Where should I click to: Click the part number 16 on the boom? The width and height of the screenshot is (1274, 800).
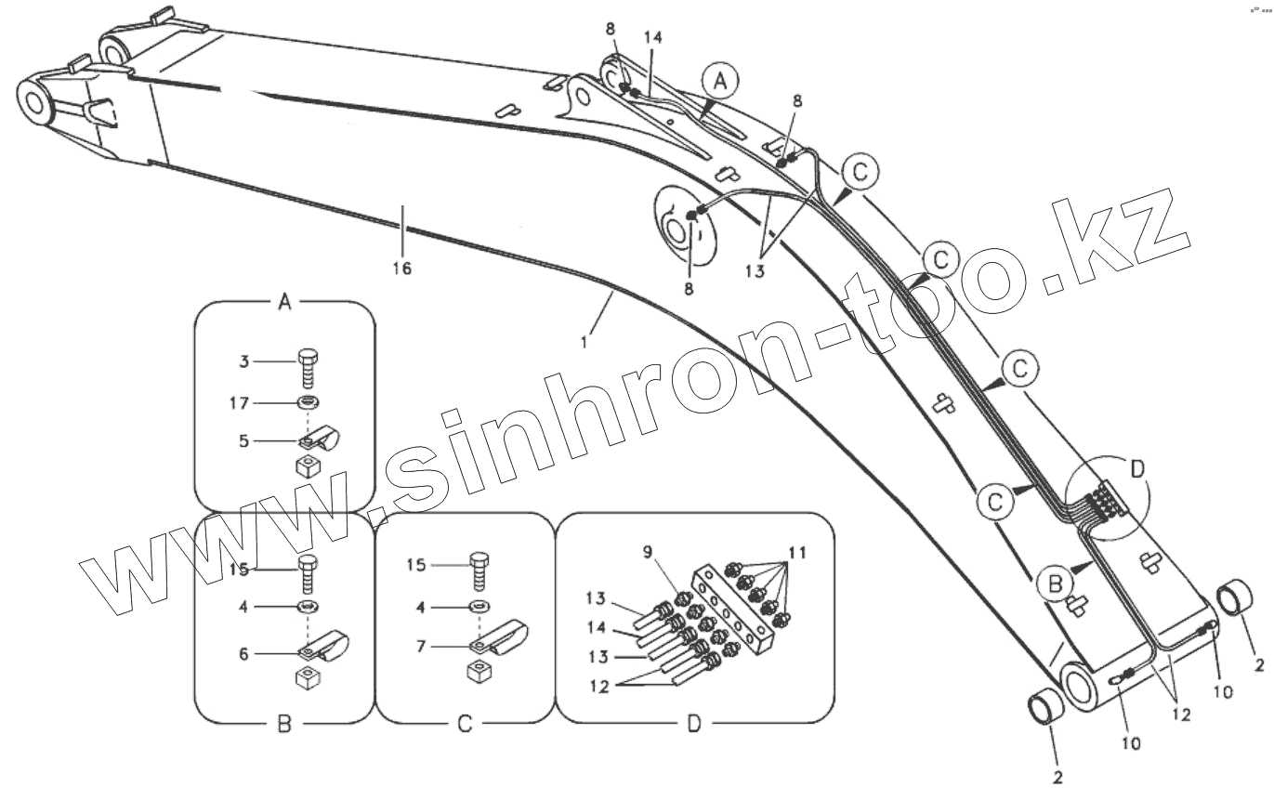(x=401, y=269)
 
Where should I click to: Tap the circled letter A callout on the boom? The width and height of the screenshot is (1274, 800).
(x=720, y=82)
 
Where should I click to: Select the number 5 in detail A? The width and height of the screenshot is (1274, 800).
(x=243, y=441)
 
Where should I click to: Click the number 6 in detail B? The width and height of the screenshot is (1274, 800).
(x=243, y=653)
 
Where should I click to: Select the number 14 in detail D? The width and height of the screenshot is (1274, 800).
(x=598, y=627)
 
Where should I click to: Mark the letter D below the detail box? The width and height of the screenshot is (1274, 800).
(x=693, y=725)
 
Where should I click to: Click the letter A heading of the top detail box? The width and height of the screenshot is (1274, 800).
(x=285, y=302)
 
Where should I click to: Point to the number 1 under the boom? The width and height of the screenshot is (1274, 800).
(x=584, y=342)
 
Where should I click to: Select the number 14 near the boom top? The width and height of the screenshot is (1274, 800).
(x=653, y=38)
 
